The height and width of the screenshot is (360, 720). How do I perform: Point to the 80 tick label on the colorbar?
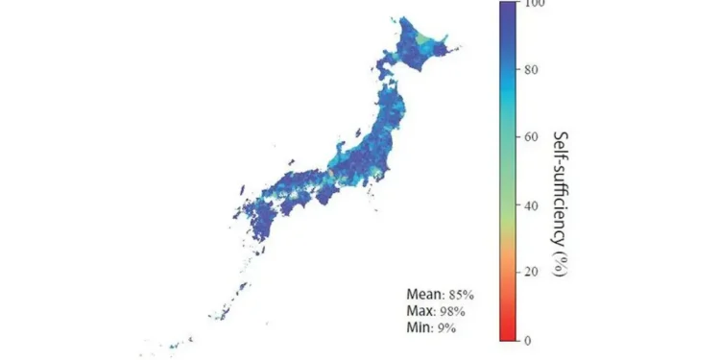tap(533, 70)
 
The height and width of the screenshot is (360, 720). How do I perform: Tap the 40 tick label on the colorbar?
tap(533, 205)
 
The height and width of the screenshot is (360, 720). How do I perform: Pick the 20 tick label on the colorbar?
tap(533, 273)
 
